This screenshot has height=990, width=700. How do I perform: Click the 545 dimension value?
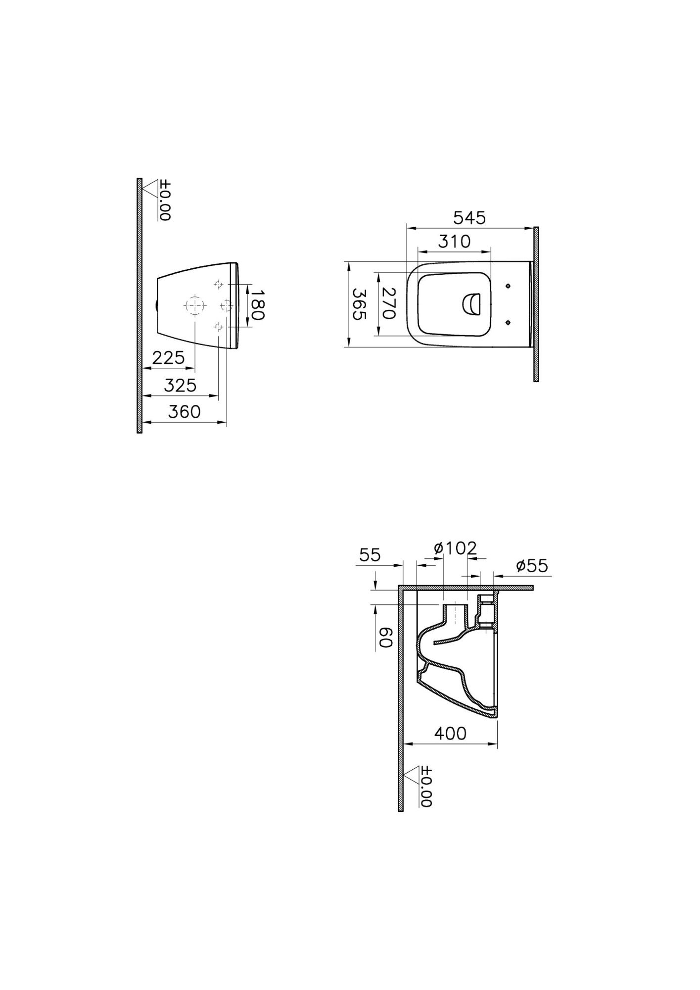pos(469,218)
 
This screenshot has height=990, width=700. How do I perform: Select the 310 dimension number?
pos(455,242)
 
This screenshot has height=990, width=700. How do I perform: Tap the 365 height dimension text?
pos(359,304)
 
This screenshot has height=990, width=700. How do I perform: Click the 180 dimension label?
pos(257,305)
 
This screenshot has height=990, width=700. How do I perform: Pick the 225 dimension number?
pos(168,357)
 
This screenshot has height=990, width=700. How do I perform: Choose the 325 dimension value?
pos(180,385)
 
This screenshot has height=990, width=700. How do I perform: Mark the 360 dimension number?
pos(184,411)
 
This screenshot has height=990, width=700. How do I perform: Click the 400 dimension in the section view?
pos(450,733)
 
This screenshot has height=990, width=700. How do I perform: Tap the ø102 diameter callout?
pos(455,548)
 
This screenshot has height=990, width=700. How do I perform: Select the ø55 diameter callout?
pos(532,566)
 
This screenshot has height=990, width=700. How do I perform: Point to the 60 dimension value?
pos(385,638)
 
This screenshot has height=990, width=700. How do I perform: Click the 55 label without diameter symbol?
pos(370,555)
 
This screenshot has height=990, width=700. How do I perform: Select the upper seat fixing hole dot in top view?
pos(508,286)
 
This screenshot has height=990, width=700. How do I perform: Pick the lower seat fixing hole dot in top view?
pos(508,323)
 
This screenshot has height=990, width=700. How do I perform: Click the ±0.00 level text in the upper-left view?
pos(165,200)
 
